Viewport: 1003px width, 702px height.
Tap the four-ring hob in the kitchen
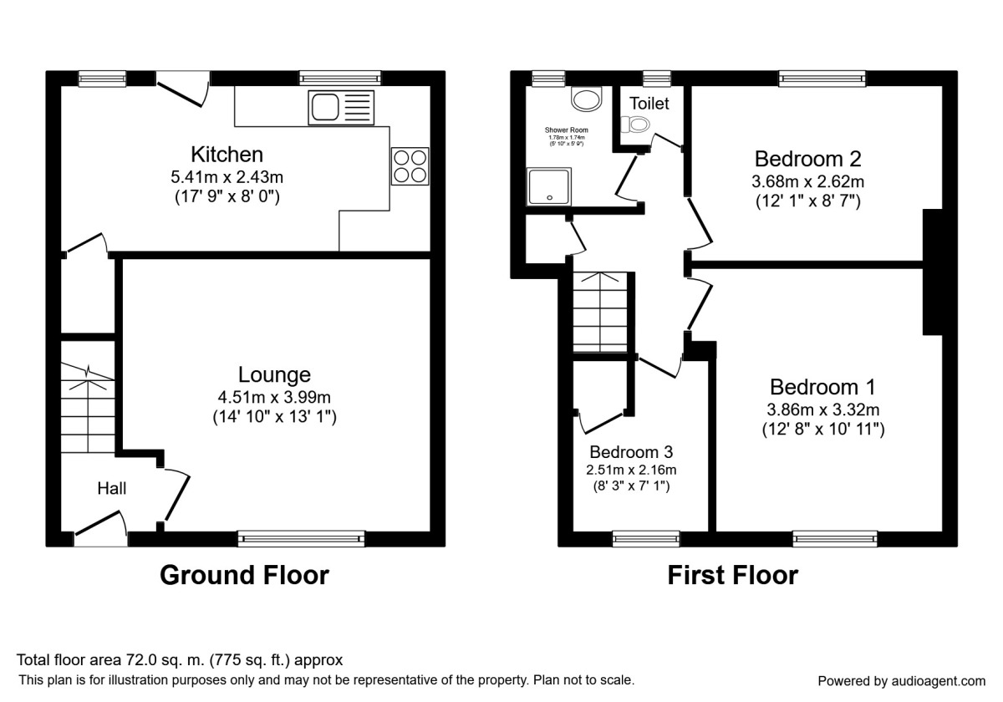(x=410, y=165)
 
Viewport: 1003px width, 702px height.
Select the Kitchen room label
(x=227, y=155)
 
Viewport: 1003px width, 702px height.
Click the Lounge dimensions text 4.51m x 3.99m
(x=274, y=397)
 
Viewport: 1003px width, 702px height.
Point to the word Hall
(x=112, y=488)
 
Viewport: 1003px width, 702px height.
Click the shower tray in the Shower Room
(x=548, y=186)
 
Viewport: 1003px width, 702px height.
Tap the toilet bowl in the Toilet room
(x=637, y=125)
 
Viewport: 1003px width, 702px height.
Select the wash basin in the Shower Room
(x=588, y=99)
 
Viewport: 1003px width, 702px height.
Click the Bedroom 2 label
(x=807, y=159)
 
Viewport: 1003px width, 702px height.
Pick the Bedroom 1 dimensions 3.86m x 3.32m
(x=823, y=409)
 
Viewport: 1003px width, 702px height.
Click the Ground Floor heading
(x=244, y=575)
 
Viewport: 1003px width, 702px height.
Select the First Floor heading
(x=732, y=575)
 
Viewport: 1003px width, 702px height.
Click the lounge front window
(x=301, y=539)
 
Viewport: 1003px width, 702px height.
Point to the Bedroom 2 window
(x=822, y=79)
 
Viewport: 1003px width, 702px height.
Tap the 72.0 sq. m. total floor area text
(x=180, y=660)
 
